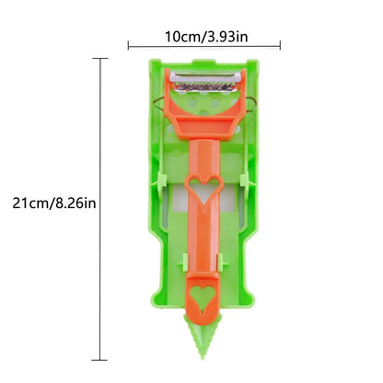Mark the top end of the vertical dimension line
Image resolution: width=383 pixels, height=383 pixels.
click(99, 59)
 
